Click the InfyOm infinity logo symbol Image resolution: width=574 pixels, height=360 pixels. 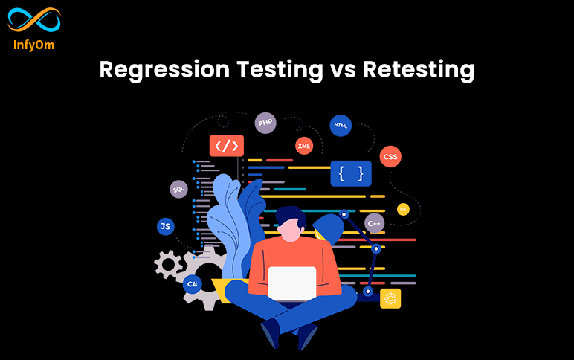click(33, 21)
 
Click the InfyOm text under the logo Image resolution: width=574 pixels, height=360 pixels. click(33, 45)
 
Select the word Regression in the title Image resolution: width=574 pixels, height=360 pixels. click(164, 71)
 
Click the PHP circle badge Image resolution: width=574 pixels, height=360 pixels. click(265, 123)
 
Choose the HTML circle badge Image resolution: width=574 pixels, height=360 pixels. click(341, 126)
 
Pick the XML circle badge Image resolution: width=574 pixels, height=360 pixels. click(304, 146)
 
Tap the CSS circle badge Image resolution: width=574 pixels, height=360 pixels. click(390, 157)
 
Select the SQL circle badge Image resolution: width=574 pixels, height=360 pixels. click(178, 190)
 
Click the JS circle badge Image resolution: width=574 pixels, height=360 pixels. click(166, 226)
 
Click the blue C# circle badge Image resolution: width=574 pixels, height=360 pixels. click(193, 283)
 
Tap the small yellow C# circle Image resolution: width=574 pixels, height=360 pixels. click(403, 210)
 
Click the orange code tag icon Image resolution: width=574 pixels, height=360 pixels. click(226, 146)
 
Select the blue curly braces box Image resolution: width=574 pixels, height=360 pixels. click(350, 174)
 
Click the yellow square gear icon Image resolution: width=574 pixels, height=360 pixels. click(390, 298)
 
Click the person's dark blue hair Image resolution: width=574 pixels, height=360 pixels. click(291, 215)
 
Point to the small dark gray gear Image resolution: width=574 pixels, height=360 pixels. click(167, 263)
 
